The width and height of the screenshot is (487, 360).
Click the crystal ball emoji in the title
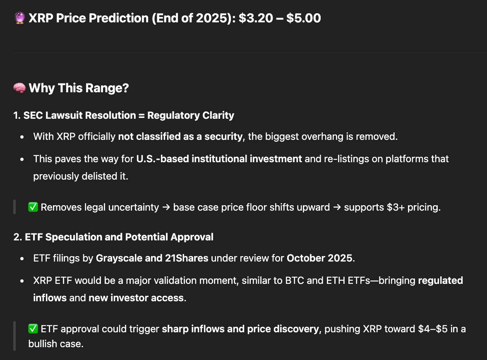pyautogui.click(x=19, y=18)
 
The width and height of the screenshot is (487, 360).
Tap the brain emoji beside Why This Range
pyautogui.click(x=19, y=88)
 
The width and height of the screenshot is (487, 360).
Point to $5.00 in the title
pyautogui.click(x=304, y=18)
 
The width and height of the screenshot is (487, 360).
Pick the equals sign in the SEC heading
pyautogui.click(x=142, y=115)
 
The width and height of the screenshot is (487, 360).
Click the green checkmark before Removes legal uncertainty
pyautogui.click(x=33, y=207)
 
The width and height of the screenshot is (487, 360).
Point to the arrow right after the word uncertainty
pyautogui.click(x=166, y=207)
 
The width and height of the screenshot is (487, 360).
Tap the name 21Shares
pyautogui.click(x=187, y=258)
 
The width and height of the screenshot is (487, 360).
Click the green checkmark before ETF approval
pyautogui.click(x=33, y=329)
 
